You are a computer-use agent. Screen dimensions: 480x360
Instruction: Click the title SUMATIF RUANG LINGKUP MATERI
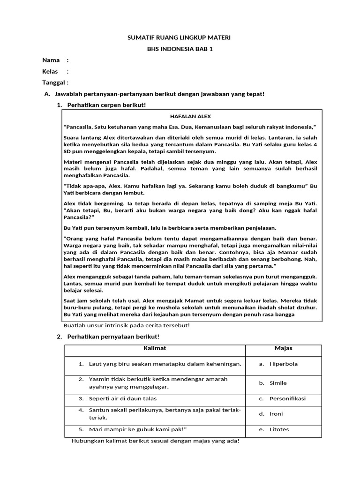180,37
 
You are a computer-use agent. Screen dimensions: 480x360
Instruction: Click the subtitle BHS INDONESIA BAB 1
180,48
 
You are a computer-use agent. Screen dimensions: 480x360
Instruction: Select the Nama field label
51,60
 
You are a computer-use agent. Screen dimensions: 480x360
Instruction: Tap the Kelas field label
50,72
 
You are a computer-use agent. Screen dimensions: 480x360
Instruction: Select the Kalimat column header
154,348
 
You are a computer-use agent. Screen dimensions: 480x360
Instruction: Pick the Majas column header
283,348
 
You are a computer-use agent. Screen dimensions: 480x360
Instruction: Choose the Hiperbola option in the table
283,364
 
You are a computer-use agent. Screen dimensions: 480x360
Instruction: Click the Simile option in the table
278,383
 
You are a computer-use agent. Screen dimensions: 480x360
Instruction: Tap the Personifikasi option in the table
287,398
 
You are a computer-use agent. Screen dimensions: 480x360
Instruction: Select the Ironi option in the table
276,414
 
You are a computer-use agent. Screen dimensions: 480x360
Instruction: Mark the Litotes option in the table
279,429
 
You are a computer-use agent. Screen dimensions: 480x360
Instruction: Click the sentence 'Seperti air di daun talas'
123,398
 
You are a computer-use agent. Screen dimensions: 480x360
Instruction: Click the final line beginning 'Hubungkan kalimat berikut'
155,441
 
